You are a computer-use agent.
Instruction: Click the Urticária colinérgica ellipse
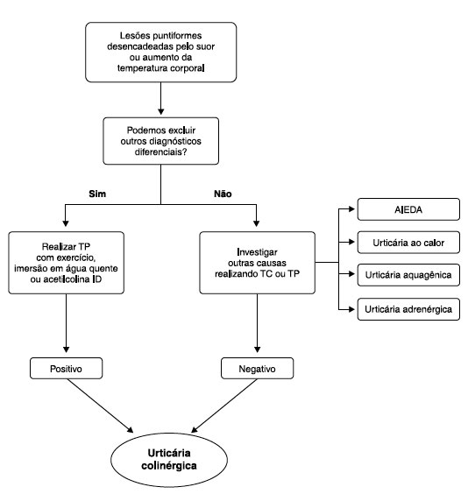coord(169,460)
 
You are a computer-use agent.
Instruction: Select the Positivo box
coord(67,368)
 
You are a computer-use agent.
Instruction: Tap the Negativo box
coord(257,368)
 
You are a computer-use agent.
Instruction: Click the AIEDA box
coord(408,209)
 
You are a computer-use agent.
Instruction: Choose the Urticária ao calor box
coord(408,243)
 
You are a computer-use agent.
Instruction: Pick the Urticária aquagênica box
coord(408,275)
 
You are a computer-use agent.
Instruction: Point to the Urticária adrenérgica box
coord(408,309)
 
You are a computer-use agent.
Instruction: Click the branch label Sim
coord(97,194)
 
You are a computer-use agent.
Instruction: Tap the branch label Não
coord(223,194)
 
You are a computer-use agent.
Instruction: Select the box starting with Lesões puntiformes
coord(160,53)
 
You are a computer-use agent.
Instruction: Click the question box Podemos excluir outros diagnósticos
coord(160,141)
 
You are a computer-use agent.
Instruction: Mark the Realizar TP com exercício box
coord(67,263)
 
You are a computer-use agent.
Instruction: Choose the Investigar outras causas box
coord(257,263)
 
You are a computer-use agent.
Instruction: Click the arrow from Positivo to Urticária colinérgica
coord(100,406)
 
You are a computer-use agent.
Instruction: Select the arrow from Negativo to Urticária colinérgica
coord(224,406)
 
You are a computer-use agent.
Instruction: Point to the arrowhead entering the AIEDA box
coord(352,208)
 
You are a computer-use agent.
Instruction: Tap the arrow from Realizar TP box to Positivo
coord(67,323)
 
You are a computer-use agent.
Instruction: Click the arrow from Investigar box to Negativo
coord(257,323)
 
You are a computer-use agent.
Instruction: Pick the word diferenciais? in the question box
coord(160,152)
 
